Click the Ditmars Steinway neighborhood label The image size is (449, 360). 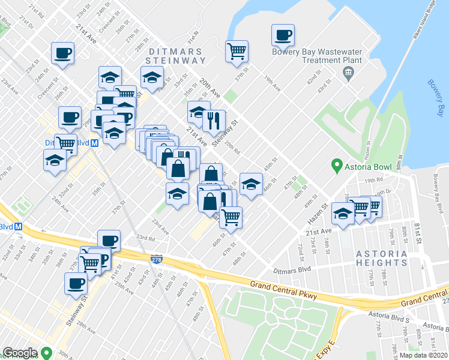click(x=175, y=55)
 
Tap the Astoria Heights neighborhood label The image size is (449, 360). click(x=381, y=258)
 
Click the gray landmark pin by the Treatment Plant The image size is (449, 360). click(x=348, y=73)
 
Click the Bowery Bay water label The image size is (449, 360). click(x=437, y=98)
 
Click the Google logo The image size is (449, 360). click(x=20, y=353)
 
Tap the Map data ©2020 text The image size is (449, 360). click(x=423, y=355)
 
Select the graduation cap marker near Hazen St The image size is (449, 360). click(x=343, y=215)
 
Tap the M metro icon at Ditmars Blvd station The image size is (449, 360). click(x=96, y=143)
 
